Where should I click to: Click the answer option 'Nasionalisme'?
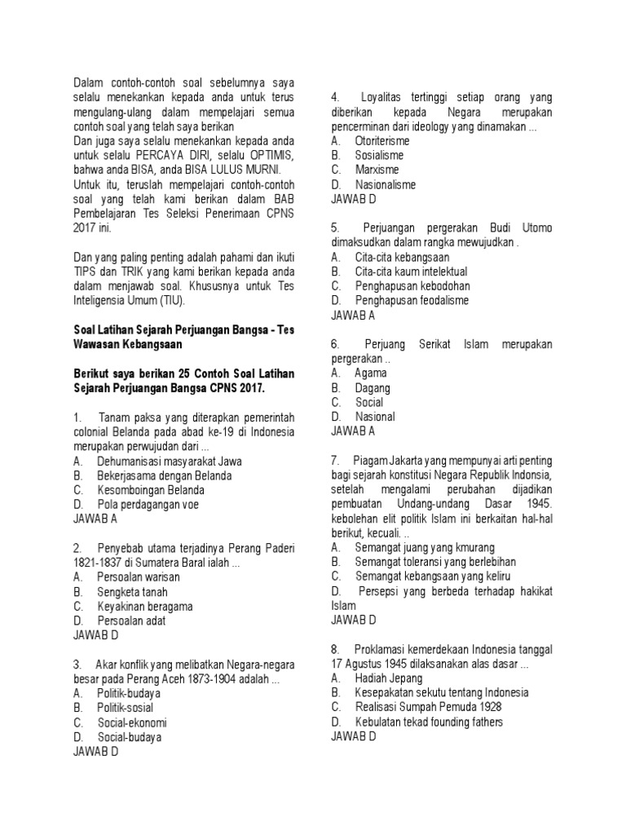[x=385, y=184]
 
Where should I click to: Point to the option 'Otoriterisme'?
[x=383, y=140]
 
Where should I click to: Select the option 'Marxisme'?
[x=377, y=170]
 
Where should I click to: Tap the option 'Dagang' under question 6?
[x=372, y=388]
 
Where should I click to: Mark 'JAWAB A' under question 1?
[x=95, y=519]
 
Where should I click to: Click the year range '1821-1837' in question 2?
[x=99, y=563]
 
